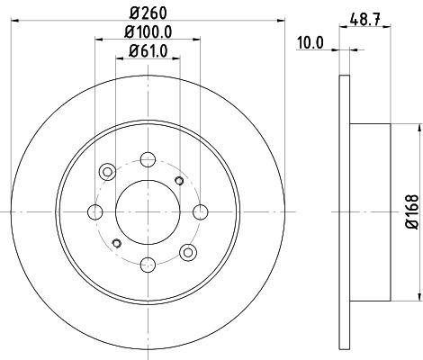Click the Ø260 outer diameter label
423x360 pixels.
point(148,13)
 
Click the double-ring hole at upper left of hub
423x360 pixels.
point(108,171)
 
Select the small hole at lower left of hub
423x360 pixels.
point(115,244)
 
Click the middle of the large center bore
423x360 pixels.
point(147,212)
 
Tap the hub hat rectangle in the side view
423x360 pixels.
point(369,212)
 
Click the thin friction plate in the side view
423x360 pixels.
point(343,212)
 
